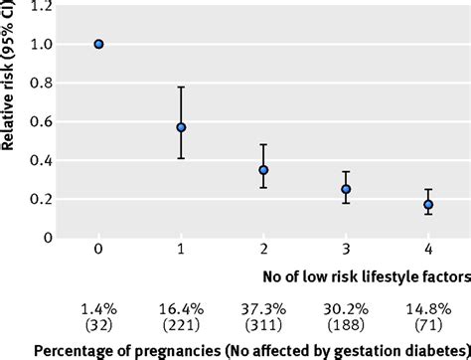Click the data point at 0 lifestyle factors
point(98,44)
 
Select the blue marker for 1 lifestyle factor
point(181,127)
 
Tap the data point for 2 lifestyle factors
point(263,170)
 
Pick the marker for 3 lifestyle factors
point(346,189)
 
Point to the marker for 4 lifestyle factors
point(428,205)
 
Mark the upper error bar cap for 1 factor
point(181,88)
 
